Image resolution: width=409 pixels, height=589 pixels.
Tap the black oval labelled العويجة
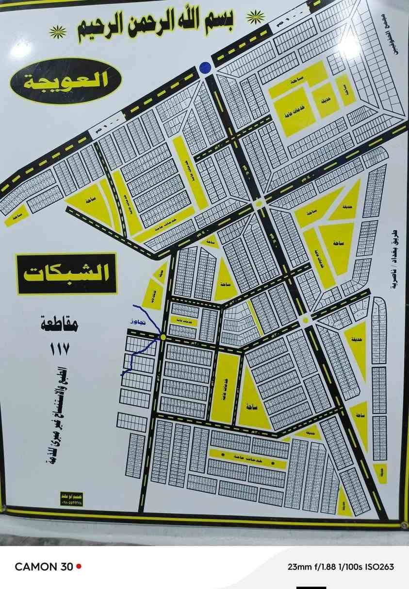coord(65,81)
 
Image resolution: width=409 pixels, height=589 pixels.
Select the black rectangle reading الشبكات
coord(66,273)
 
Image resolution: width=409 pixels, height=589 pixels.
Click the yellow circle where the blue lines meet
coord(163,337)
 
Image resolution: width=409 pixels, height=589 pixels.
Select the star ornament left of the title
coord(58,33)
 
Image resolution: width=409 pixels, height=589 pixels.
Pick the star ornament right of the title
coord(255,17)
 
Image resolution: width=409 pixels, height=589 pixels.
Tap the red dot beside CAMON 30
coord(79,566)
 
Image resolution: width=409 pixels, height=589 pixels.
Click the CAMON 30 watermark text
coord(44,566)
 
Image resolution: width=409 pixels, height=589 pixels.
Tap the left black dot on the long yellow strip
coord(223,454)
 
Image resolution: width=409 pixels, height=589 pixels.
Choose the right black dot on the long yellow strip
coord(273,464)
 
